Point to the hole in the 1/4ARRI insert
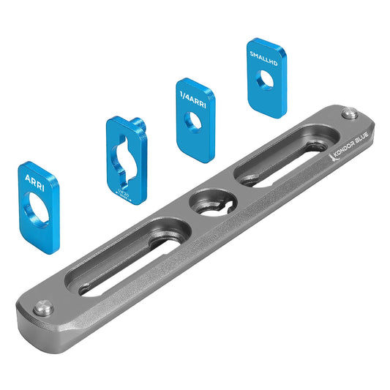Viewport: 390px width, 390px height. point(194,123)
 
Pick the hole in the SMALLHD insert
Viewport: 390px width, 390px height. point(266,78)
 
